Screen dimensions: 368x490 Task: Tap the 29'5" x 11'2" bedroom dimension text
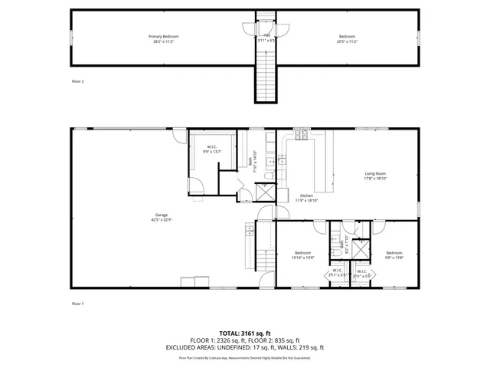[348, 41]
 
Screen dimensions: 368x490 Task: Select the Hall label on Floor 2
[267, 34]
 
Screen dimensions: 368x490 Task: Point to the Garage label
[162, 215]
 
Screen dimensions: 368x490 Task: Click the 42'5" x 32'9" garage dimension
[162, 220]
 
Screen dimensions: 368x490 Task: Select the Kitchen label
[306, 195]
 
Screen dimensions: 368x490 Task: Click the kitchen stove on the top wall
[301, 136]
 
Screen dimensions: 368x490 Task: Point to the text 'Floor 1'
[77, 304]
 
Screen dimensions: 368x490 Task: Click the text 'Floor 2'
[77, 80]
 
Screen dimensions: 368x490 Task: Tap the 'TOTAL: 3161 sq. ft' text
[245, 333]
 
